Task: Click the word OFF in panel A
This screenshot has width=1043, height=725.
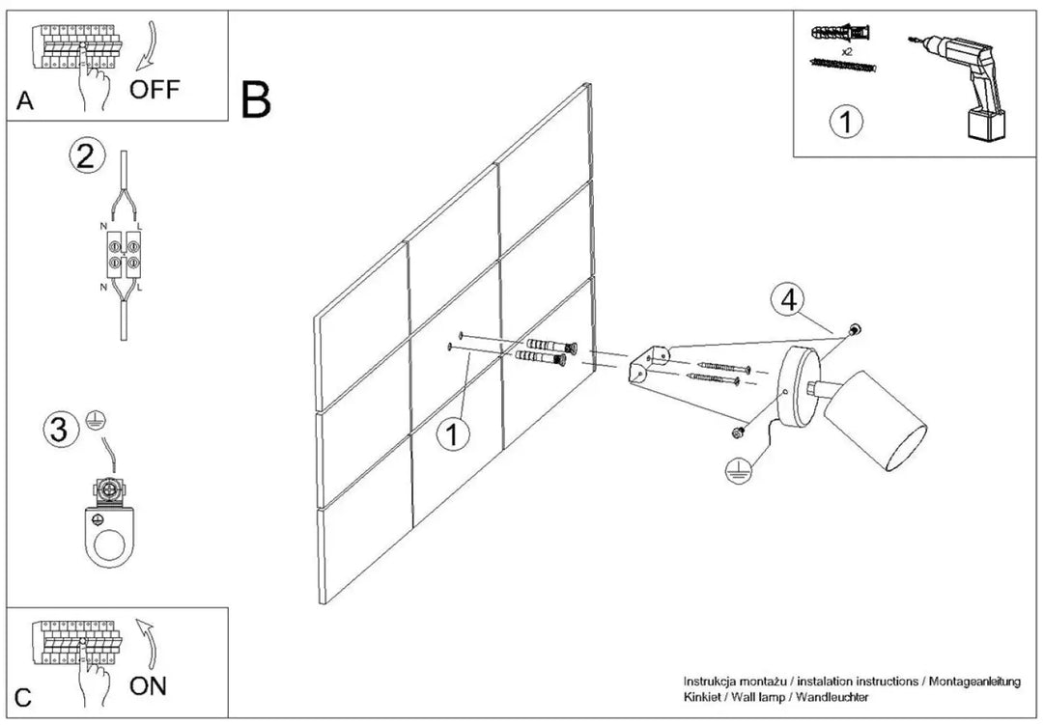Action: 155,89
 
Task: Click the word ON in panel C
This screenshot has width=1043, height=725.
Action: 148,685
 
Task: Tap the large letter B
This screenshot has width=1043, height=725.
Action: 256,99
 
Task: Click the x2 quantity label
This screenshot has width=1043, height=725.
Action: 847,51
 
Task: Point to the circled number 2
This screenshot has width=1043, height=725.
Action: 87,157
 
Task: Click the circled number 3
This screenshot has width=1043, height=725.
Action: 60,429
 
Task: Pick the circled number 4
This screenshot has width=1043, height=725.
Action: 788,300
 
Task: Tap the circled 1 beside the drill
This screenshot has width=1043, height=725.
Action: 846,123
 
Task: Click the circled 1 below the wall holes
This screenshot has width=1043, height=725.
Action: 453,435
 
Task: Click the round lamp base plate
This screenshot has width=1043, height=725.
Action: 802,388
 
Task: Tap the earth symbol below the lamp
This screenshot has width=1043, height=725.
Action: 739,469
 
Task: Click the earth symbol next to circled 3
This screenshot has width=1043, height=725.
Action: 97,420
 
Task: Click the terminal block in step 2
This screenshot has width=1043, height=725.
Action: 125,255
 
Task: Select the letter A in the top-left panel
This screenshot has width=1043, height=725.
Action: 24,100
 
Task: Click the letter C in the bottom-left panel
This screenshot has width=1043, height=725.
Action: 23,698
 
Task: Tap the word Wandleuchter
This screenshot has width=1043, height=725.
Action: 832,697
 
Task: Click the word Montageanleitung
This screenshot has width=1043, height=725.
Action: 974,682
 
